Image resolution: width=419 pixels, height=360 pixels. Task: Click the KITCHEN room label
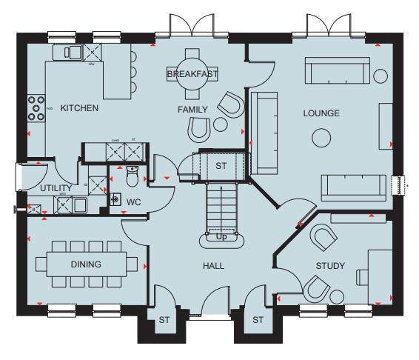coord(79,108)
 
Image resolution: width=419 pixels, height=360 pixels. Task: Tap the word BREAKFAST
coord(192,75)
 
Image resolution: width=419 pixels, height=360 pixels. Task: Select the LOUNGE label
coord(321,113)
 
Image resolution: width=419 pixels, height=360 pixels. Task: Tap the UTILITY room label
coord(55,187)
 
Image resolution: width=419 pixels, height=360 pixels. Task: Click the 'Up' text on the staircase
coord(221,237)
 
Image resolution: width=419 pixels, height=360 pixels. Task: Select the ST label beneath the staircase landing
coord(221,166)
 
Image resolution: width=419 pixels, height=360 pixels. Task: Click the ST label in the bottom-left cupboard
coord(164,320)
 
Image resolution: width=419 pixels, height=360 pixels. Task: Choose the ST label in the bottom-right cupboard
coord(258,320)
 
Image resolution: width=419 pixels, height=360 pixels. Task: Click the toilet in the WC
coord(133,176)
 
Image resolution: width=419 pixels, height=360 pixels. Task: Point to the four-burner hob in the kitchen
coord(36,108)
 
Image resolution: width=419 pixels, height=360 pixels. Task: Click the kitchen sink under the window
coord(73,51)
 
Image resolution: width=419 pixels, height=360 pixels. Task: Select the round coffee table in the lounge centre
coord(321,138)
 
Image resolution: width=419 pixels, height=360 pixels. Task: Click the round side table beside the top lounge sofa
coord(380,75)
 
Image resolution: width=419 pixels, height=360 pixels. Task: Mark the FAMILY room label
coord(192,109)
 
